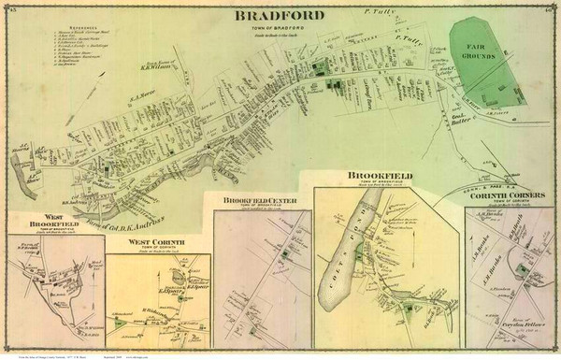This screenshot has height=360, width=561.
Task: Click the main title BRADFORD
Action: point(280,15)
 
